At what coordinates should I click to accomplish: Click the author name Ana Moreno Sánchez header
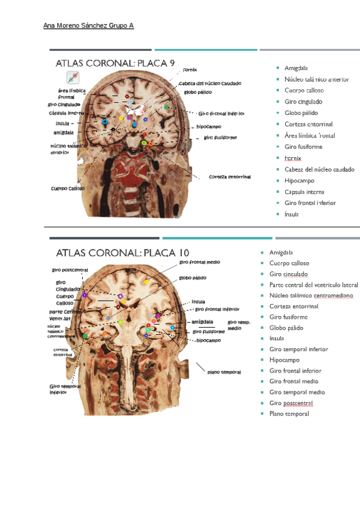click(x=89, y=26)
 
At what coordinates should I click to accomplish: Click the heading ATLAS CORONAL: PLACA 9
click(x=115, y=63)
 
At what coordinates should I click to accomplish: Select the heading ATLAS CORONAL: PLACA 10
click(x=122, y=253)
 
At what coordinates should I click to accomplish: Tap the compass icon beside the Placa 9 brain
click(x=73, y=78)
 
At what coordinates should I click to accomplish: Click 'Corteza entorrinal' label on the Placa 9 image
click(x=230, y=177)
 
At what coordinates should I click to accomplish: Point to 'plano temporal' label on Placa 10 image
click(x=224, y=372)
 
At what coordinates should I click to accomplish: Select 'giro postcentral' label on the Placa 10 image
click(x=70, y=270)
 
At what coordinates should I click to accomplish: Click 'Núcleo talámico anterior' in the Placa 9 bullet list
click(x=317, y=79)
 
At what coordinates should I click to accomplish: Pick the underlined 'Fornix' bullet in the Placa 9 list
click(x=293, y=158)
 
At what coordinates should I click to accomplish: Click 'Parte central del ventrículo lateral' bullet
click(x=313, y=285)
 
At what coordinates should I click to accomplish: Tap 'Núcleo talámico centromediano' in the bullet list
click(x=311, y=295)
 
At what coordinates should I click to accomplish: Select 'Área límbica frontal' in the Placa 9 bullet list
click(x=310, y=136)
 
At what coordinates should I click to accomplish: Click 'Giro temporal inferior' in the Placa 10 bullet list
click(x=299, y=349)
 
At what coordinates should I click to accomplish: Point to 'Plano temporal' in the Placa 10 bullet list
click(x=289, y=414)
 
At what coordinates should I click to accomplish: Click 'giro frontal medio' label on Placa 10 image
click(x=200, y=262)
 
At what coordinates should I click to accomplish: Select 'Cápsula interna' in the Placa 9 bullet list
click(x=304, y=191)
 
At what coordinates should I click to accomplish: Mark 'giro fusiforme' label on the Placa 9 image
click(x=220, y=138)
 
